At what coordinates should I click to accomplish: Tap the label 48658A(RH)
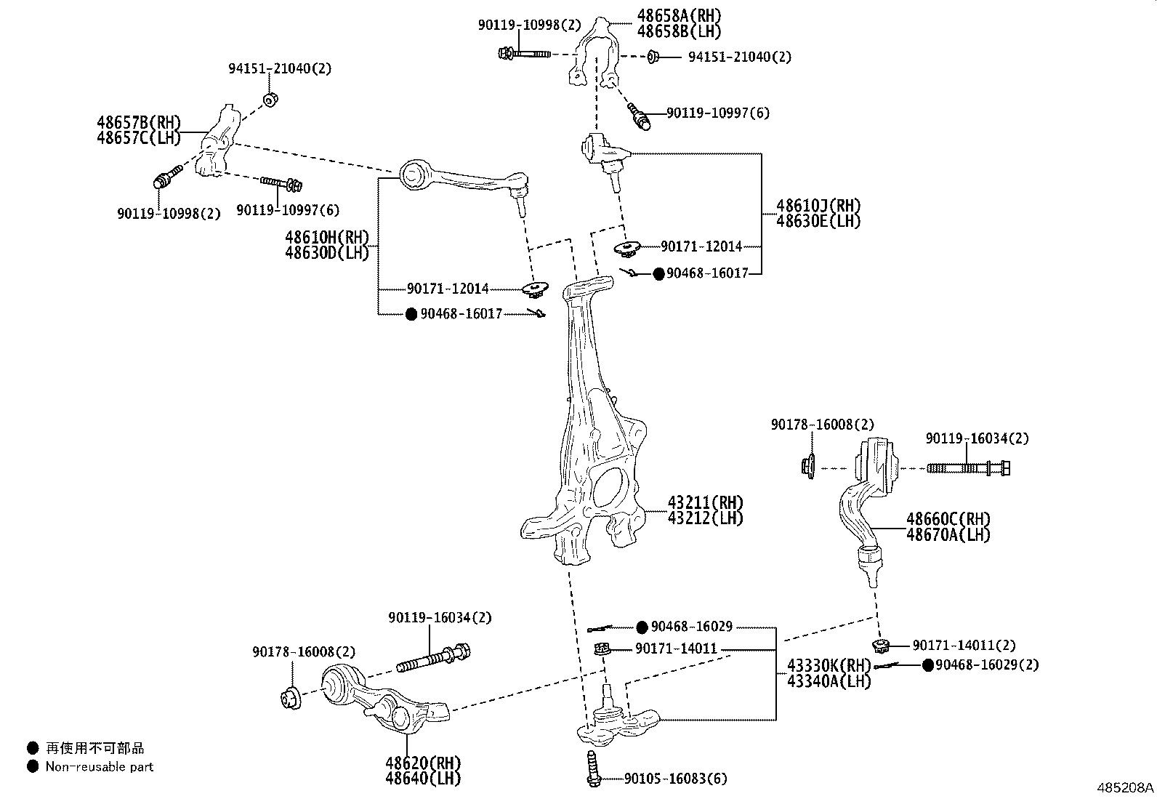point(680,15)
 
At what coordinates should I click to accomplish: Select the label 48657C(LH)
point(138,137)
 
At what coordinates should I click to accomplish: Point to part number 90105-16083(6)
point(675,779)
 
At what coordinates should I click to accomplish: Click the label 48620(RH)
point(423,763)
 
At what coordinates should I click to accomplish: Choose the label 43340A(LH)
point(829,681)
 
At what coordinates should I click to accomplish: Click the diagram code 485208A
point(1125,787)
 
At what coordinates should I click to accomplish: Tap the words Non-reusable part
point(100,766)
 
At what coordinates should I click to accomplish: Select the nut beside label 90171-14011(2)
point(881,645)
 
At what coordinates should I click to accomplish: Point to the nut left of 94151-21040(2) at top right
point(653,56)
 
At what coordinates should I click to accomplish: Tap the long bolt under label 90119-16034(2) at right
point(968,468)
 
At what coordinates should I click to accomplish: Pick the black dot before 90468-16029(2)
point(927,665)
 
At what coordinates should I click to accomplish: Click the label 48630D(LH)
point(327,253)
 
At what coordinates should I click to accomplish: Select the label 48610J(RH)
point(818,206)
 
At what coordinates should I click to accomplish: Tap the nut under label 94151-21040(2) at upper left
point(270,99)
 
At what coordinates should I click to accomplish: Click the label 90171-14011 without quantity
point(676,649)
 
